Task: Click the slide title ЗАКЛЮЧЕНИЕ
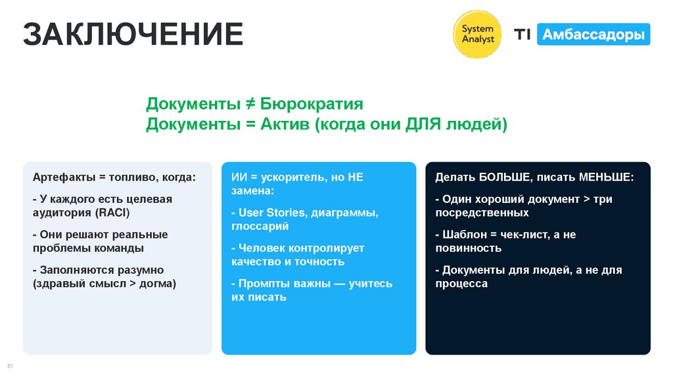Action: tap(133, 35)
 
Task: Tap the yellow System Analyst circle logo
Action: tap(478, 34)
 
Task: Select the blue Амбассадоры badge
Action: tap(593, 34)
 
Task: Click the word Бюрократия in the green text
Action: tap(312, 104)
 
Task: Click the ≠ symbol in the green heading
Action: tap(250, 104)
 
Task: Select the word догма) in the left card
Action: tap(158, 284)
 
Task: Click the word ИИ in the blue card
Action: tap(238, 177)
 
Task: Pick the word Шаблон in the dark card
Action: tap(464, 234)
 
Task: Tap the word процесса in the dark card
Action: tap(461, 284)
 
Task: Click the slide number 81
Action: tap(10, 365)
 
